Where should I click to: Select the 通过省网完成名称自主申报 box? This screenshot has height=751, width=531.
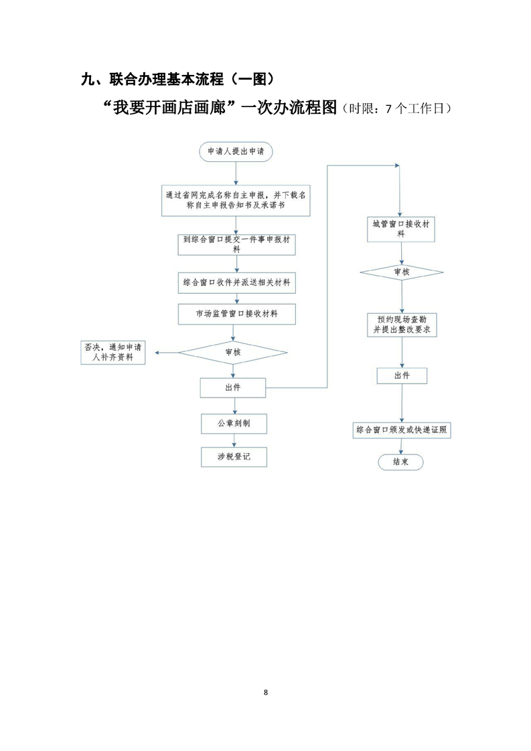(x=237, y=201)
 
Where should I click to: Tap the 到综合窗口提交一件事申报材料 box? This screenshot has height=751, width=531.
(x=236, y=244)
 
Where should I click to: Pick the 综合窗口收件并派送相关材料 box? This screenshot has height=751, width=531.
(x=236, y=282)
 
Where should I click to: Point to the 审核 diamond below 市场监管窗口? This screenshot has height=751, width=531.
(x=232, y=351)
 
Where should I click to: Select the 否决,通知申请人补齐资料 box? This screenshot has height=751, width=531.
(x=112, y=352)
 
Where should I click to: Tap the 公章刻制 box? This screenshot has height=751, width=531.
(x=234, y=424)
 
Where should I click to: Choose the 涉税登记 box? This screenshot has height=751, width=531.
(x=234, y=457)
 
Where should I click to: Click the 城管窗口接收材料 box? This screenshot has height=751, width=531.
(x=400, y=230)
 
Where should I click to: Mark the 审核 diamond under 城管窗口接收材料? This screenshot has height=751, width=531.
(x=401, y=272)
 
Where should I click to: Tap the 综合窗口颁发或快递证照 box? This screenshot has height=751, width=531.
(x=402, y=430)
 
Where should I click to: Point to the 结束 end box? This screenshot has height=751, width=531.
(x=401, y=462)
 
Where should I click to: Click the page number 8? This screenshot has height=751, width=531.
(x=266, y=691)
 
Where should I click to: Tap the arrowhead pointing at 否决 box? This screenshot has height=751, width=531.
(x=157, y=352)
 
